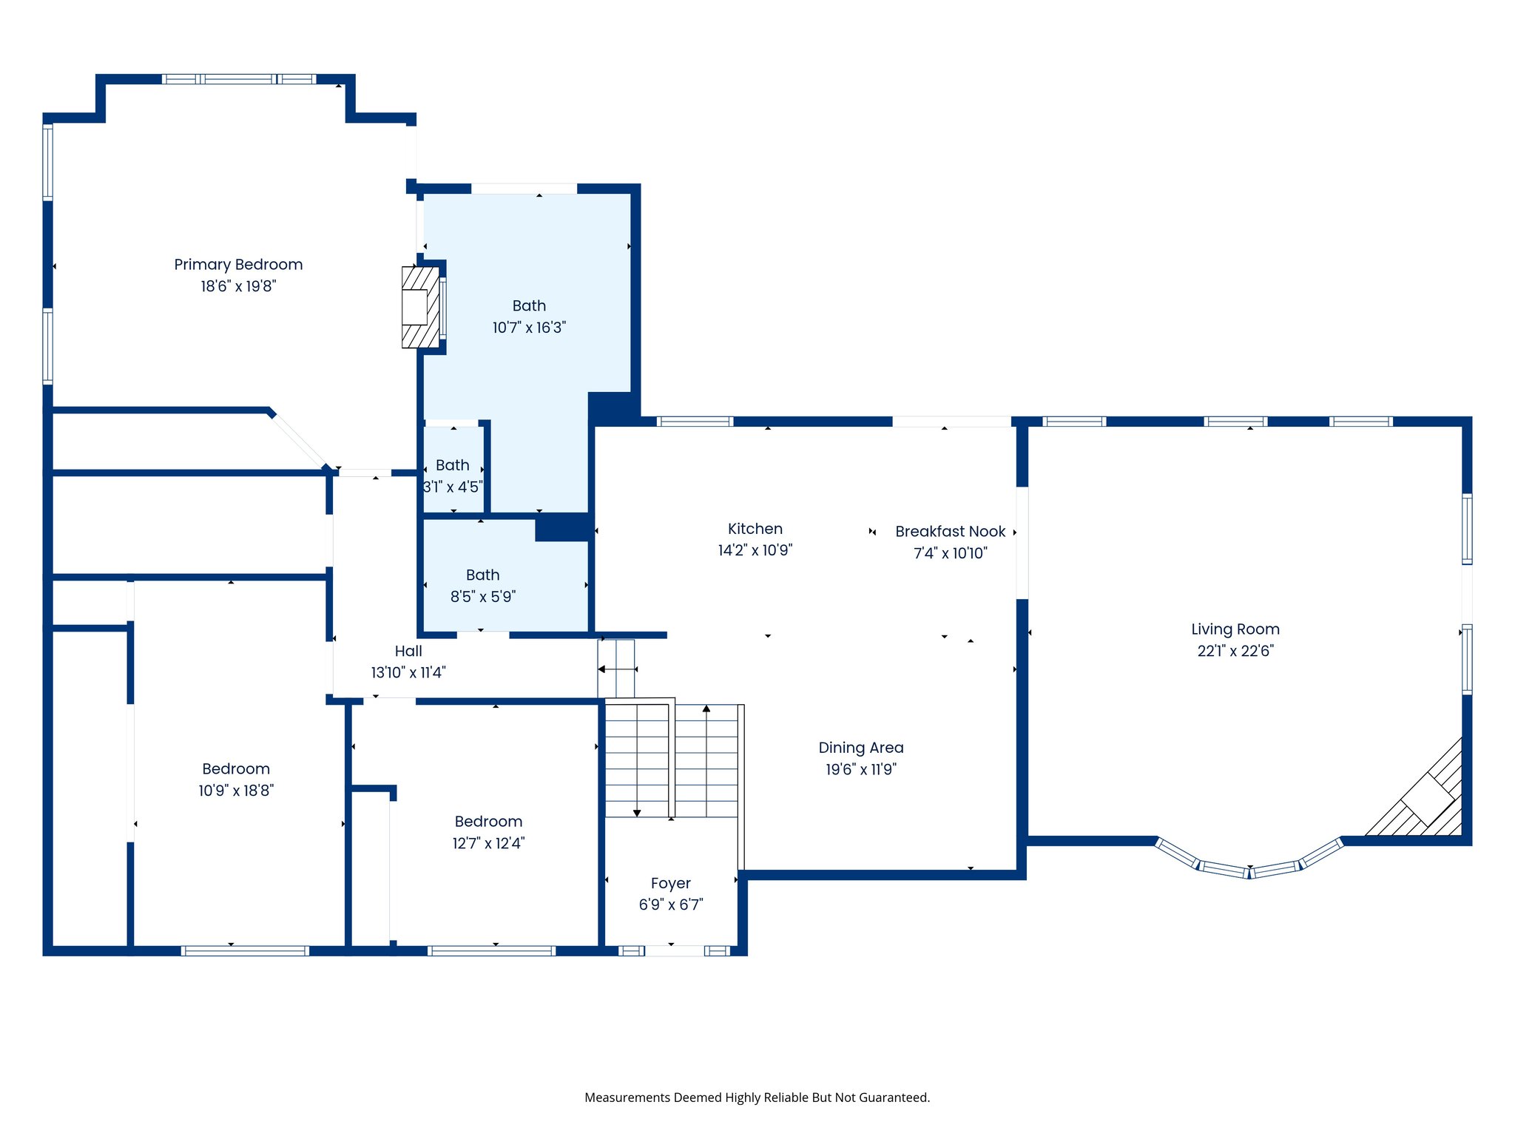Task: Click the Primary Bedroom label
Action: click(x=238, y=265)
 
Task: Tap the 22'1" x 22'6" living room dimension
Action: click(x=1235, y=651)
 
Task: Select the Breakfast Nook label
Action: click(x=950, y=532)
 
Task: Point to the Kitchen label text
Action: click(x=755, y=529)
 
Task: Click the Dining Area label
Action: click(x=860, y=748)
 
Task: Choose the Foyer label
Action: click(x=670, y=883)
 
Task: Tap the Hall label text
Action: click(x=408, y=651)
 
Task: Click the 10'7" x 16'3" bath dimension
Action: click(x=529, y=328)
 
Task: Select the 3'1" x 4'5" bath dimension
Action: click(x=452, y=487)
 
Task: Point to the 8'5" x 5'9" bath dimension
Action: click(x=482, y=597)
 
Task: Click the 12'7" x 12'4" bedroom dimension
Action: click(x=488, y=843)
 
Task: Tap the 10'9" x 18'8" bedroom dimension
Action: click(x=236, y=791)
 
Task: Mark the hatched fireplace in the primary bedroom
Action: click(x=419, y=307)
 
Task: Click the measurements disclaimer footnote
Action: click(x=757, y=1098)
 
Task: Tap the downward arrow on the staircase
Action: click(x=637, y=813)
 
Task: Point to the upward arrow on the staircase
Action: click(x=706, y=709)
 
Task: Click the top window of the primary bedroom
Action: click(x=238, y=79)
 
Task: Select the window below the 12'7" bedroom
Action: click(x=491, y=951)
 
